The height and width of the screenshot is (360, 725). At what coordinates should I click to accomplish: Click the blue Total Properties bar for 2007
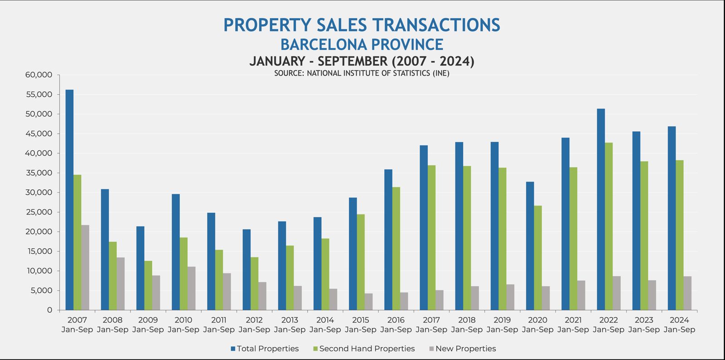tap(69, 200)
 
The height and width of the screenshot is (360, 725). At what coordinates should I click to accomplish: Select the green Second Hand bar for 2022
tap(609, 226)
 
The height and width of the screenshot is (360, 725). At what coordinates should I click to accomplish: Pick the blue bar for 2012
tap(246, 270)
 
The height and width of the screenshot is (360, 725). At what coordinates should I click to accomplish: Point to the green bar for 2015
tap(361, 262)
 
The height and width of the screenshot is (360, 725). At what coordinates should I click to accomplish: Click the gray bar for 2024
tap(687, 293)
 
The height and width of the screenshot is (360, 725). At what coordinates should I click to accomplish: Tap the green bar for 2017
tap(432, 238)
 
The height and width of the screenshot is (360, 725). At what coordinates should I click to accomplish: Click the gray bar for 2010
tap(191, 288)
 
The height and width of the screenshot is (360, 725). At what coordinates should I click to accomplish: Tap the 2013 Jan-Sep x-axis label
tap(290, 325)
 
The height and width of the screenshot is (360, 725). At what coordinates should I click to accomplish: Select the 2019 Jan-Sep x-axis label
tap(502, 325)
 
